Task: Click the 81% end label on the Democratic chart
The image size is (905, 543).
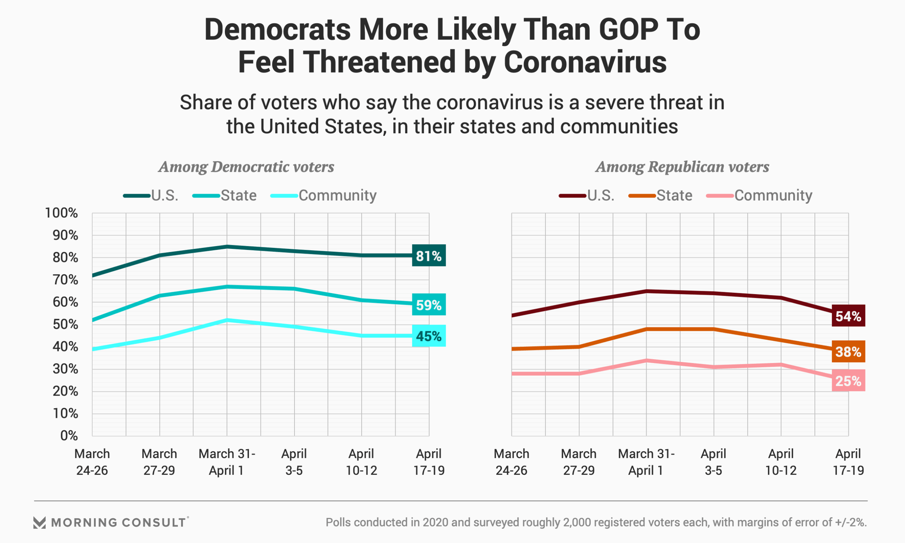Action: click(428, 256)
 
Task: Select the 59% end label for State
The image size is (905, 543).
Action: click(428, 305)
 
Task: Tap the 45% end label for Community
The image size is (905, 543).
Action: click(428, 336)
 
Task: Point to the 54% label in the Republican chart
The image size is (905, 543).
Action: click(848, 316)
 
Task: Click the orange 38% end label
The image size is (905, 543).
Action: click(848, 352)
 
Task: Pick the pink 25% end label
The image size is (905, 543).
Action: click(848, 381)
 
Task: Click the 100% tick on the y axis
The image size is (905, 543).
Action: click(61, 213)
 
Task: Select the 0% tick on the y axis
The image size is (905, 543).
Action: click(68, 436)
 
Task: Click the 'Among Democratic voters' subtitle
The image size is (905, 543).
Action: click(246, 167)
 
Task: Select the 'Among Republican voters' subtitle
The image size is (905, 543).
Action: click(682, 167)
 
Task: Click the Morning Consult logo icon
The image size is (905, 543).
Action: click(40, 522)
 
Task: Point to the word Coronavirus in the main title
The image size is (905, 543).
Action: click(585, 62)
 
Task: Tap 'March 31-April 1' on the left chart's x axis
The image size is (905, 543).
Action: click(227, 462)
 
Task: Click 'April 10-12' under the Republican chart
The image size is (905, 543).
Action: click(781, 462)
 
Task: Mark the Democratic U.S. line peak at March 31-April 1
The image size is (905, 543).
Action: click(227, 247)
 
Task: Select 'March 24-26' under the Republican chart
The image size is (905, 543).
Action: click(511, 462)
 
